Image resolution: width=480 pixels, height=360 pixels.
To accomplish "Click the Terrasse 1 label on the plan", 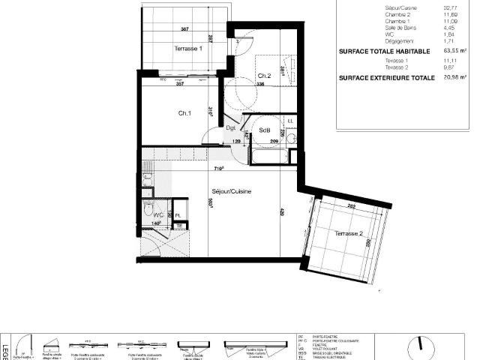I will tap(188, 48).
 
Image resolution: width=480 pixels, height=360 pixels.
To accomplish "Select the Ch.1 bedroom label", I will tap(184, 113).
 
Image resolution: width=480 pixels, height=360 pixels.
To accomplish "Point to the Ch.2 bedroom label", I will tap(264, 76).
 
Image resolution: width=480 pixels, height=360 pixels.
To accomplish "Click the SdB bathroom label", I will tap(264, 130).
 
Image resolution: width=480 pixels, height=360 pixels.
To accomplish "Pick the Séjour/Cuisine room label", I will tap(231, 191).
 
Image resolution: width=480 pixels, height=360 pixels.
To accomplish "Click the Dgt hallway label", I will tap(231, 128).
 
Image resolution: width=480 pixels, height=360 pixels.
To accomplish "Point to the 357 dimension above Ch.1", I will tap(180, 84).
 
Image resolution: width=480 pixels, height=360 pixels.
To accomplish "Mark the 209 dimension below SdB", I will tap(274, 141).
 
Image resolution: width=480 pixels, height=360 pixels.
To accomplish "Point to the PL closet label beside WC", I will tap(178, 216).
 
